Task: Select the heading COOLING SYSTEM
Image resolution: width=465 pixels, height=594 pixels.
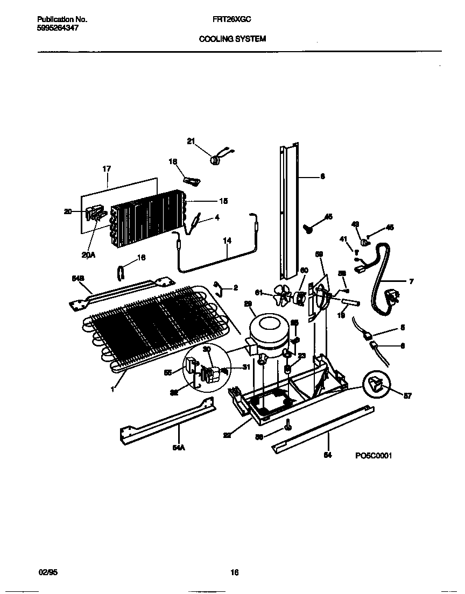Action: [x=232, y=39]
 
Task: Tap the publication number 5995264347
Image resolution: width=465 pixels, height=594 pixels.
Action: [x=58, y=28]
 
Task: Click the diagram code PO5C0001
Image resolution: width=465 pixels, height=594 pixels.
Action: [x=373, y=455]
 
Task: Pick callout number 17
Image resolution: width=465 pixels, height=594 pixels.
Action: [x=106, y=169]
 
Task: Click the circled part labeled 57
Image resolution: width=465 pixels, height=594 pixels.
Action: [x=378, y=385]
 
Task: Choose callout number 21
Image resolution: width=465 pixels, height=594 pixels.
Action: [x=191, y=141]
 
